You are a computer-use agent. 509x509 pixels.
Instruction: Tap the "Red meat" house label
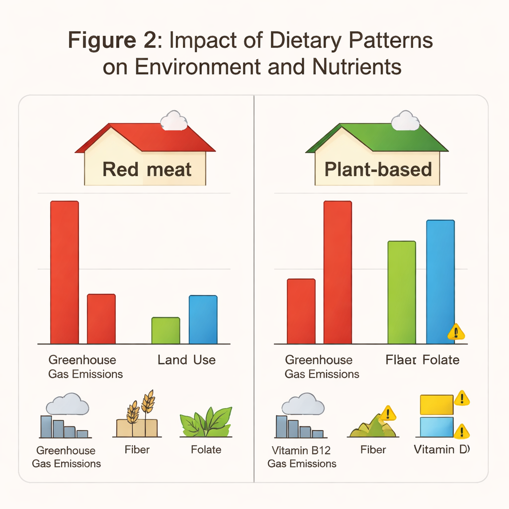click(x=147, y=170)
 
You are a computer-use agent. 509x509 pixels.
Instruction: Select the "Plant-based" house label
click(x=378, y=170)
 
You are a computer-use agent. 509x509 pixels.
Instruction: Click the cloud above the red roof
click(x=173, y=120)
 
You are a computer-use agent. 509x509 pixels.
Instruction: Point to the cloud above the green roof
click(x=405, y=120)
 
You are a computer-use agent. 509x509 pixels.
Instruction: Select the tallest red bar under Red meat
click(x=65, y=272)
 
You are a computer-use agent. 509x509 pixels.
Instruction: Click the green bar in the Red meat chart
click(x=166, y=331)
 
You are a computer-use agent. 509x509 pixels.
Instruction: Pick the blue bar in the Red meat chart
click(x=203, y=319)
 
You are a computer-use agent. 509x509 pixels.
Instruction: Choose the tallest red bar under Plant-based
click(x=338, y=272)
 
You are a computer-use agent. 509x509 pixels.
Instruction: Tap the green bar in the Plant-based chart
click(x=402, y=292)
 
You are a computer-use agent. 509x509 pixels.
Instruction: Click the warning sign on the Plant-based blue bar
click(x=456, y=332)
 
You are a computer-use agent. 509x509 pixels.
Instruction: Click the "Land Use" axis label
click(x=186, y=360)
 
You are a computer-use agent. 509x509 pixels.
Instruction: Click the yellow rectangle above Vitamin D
click(x=436, y=405)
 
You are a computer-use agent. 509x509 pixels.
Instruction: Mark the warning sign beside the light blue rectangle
click(x=462, y=430)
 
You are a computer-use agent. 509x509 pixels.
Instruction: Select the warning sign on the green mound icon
click(x=387, y=413)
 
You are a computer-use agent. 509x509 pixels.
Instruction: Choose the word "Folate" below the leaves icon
click(x=206, y=450)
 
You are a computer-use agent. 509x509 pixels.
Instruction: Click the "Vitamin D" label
click(x=441, y=450)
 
